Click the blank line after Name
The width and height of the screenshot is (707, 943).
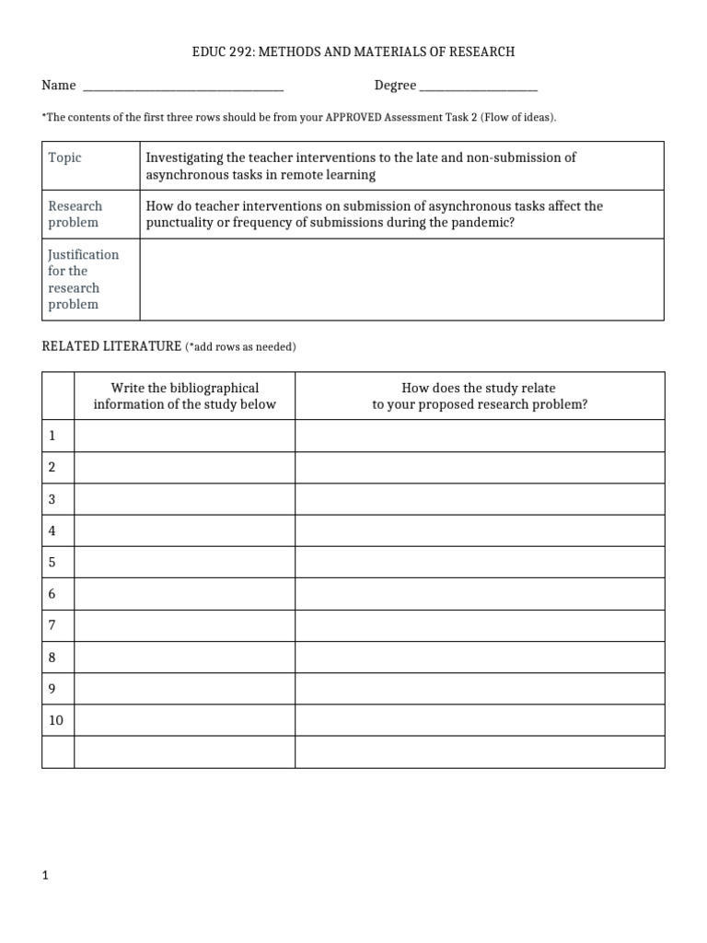click(x=183, y=87)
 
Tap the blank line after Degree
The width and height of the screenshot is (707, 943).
click(x=478, y=87)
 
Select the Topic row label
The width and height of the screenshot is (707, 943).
click(x=65, y=157)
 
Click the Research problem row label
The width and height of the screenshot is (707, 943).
click(x=75, y=214)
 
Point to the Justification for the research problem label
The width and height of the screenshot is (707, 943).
click(x=83, y=279)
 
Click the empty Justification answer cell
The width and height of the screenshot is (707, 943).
click(x=400, y=279)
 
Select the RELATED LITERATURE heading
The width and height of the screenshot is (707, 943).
click(x=111, y=346)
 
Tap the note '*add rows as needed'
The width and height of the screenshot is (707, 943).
click(x=240, y=347)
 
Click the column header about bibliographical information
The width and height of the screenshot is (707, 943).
click(x=184, y=396)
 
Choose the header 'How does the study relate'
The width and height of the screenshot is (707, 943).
click(x=479, y=388)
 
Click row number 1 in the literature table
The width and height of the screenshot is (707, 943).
click(x=52, y=436)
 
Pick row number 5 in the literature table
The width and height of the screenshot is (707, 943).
click(x=52, y=562)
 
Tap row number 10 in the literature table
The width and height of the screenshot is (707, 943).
click(x=56, y=720)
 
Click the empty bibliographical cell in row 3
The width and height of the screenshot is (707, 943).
click(x=184, y=499)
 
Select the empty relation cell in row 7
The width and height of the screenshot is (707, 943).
click(x=479, y=625)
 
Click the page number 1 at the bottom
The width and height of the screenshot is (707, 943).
click(x=44, y=876)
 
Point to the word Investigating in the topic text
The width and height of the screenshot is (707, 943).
click(x=184, y=157)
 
